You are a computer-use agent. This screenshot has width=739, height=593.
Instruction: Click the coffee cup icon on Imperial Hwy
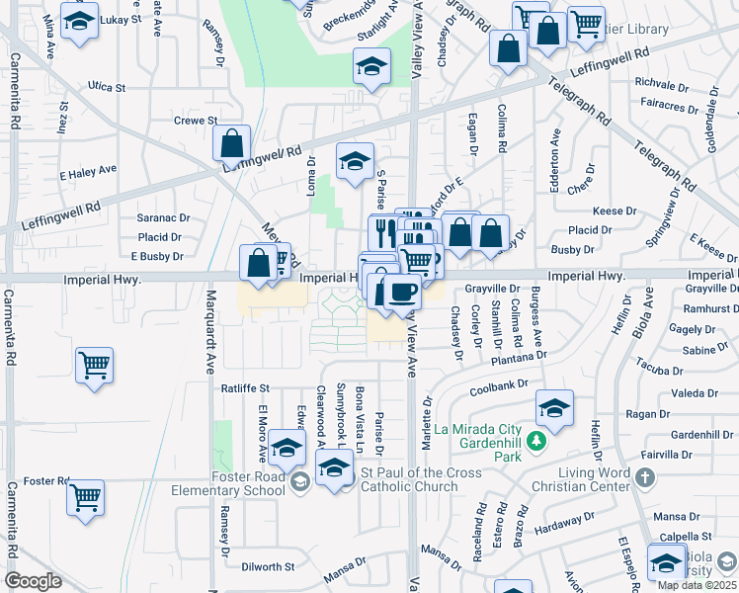[403, 293]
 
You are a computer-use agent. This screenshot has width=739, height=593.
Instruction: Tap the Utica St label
[107, 88]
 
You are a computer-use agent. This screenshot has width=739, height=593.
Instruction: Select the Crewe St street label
[195, 121]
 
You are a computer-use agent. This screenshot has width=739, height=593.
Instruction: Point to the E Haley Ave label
[82, 174]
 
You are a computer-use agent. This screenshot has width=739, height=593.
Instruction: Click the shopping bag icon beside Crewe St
[230, 144]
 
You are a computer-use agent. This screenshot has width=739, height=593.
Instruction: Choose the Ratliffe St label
[245, 389]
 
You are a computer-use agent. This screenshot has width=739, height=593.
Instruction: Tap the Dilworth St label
[269, 567]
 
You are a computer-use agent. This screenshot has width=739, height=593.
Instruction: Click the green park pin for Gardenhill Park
[536, 440]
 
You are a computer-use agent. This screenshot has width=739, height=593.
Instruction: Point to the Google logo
[33, 581]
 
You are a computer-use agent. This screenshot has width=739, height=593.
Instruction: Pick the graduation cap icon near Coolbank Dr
[554, 406]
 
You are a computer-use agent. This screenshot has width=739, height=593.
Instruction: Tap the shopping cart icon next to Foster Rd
[86, 496]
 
